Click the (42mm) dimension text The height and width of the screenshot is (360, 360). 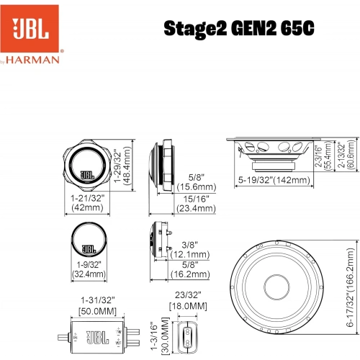[x=84, y=208]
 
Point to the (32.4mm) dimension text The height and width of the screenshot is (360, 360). [x=86, y=274]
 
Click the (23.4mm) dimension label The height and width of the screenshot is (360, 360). [x=196, y=208]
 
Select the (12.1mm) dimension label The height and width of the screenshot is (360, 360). [x=192, y=254]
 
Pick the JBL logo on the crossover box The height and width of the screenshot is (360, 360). [x=96, y=336]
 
